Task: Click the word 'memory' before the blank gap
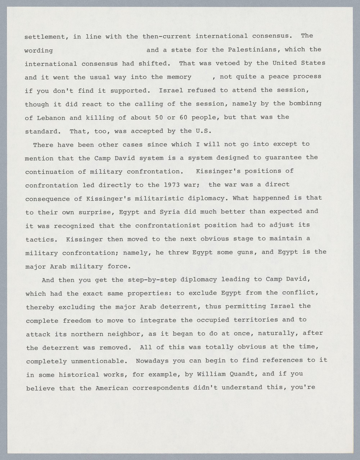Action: (179, 77)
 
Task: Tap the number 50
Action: (159, 117)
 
